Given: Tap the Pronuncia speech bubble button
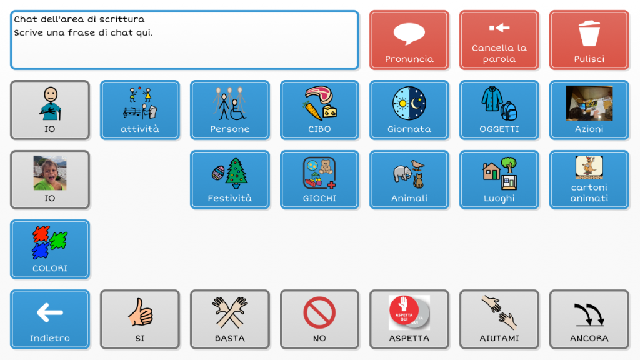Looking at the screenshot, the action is click(409, 40).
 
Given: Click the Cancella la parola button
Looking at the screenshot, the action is click(499, 40).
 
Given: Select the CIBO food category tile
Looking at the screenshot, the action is click(319, 110).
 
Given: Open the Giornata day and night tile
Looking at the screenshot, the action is click(409, 110).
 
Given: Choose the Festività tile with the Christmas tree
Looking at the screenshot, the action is click(230, 179).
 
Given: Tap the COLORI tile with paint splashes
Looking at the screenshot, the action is click(50, 249).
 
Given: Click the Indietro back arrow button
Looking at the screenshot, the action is click(50, 319).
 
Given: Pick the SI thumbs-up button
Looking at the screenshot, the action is click(140, 319).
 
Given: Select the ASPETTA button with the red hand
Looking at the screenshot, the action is click(409, 319).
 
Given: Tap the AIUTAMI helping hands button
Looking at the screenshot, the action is click(499, 319).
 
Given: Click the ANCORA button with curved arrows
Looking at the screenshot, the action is click(589, 319).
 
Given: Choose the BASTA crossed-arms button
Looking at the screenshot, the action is click(230, 319).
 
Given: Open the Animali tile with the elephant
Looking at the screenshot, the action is click(409, 179).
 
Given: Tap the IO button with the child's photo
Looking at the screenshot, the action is click(50, 179).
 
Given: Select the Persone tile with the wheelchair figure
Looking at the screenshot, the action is click(230, 110).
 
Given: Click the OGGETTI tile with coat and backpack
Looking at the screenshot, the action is click(499, 110).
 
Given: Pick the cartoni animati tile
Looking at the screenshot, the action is click(589, 179).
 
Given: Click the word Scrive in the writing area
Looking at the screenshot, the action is click(29, 32).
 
